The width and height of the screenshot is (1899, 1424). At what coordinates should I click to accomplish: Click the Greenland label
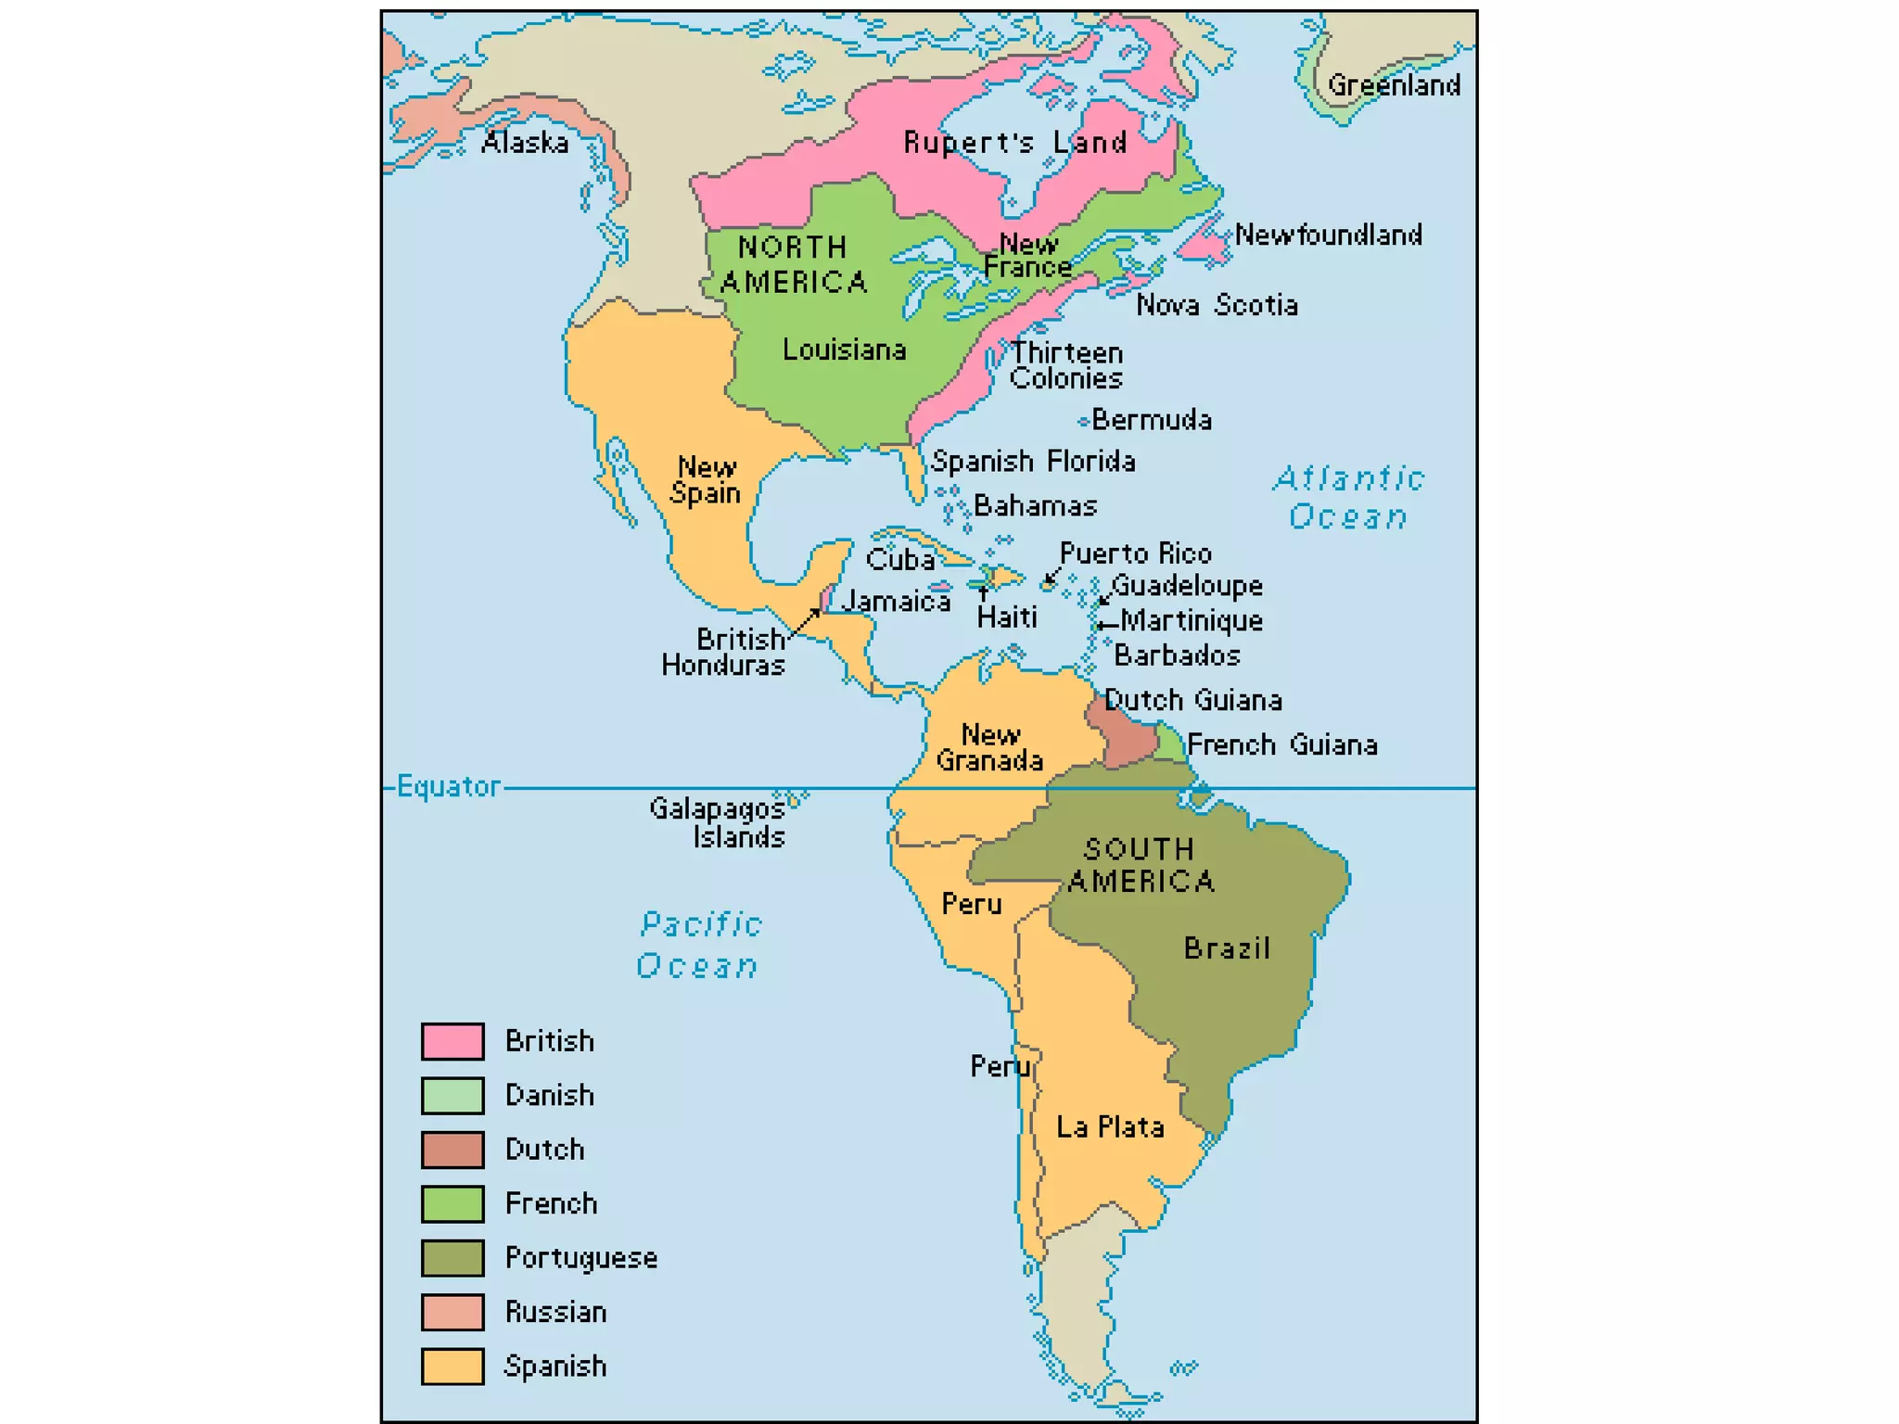pyautogui.click(x=1394, y=85)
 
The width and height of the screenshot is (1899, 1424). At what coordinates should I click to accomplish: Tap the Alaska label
pyautogui.click(x=525, y=143)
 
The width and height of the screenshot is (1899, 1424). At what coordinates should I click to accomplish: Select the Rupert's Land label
pyautogui.click(x=1015, y=143)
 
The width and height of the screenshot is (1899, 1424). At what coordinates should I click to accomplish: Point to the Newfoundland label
pyautogui.click(x=1328, y=235)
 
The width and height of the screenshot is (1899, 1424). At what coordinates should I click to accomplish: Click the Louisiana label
pyautogui.click(x=844, y=350)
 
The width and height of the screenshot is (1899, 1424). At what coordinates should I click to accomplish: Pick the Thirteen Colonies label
pyautogui.click(x=1066, y=365)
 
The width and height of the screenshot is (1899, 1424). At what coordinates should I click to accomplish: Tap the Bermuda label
pyautogui.click(x=1151, y=420)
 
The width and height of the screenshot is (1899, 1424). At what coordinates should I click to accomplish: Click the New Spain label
pyautogui.click(x=707, y=480)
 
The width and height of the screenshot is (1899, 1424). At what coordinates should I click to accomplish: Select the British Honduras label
pyautogui.click(x=724, y=652)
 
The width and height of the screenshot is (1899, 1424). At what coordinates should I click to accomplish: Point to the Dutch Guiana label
pyautogui.click(x=1193, y=700)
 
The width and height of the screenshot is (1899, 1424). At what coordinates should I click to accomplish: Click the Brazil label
pyautogui.click(x=1227, y=948)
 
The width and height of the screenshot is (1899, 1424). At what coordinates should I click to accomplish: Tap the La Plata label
pyautogui.click(x=1110, y=1127)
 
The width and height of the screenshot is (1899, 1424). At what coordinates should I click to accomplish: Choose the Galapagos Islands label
pyautogui.click(x=719, y=822)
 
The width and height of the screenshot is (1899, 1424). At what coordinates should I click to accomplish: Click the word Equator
pyautogui.click(x=449, y=787)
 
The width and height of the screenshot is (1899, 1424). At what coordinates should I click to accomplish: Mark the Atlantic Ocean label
pyautogui.click(x=1349, y=498)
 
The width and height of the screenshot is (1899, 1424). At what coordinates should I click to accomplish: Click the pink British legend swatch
pyautogui.click(x=452, y=1041)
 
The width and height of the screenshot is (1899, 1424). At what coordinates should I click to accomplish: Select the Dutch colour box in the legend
pyautogui.click(x=452, y=1150)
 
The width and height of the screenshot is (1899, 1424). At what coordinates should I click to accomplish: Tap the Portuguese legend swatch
pyautogui.click(x=452, y=1258)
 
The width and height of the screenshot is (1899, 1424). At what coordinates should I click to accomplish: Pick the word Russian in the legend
pyautogui.click(x=556, y=1312)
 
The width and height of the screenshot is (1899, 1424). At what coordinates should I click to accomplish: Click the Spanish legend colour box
pyautogui.click(x=452, y=1367)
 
